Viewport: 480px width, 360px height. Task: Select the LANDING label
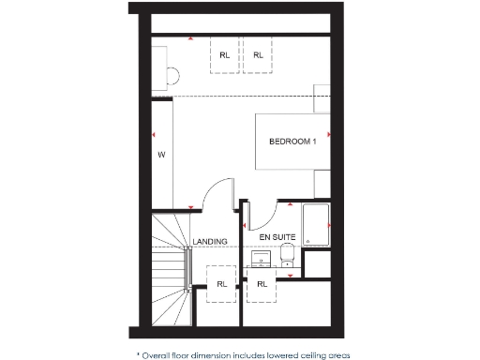(x=210, y=241)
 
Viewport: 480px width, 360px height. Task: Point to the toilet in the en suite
(x=289, y=254)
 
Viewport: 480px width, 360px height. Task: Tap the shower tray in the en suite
(x=315, y=224)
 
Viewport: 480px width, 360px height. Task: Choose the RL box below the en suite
(x=262, y=282)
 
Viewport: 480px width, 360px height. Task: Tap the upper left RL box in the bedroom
(x=224, y=55)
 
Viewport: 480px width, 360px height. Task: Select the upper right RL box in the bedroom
(x=258, y=55)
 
